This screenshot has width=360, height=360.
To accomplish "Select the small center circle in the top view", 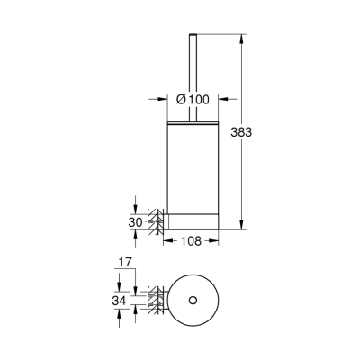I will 192,298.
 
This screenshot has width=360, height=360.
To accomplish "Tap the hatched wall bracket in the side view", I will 156,220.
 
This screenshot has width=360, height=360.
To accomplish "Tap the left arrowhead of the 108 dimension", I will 166,240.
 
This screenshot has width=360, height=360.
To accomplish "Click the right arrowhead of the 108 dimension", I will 217,240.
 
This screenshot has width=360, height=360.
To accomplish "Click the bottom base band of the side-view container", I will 190,220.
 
